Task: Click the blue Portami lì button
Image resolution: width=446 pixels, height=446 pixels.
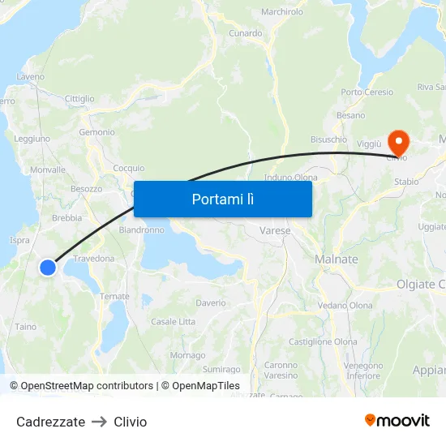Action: click(x=222, y=199)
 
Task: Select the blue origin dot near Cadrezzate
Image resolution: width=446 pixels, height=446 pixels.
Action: click(x=48, y=267)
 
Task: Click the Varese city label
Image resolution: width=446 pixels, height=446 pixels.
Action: click(x=275, y=231)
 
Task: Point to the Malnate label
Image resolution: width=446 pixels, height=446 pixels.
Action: click(x=336, y=259)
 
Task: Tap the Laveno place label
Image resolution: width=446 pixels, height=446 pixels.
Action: click(x=30, y=77)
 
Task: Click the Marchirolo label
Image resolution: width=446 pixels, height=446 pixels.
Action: click(x=282, y=12)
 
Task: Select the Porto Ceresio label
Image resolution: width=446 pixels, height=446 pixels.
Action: click(x=367, y=92)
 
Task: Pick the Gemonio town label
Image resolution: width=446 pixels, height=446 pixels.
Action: click(x=96, y=132)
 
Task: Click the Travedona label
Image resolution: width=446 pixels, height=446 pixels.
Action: click(x=94, y=259)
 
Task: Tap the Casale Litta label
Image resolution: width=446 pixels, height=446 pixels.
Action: click(x=173, y=322)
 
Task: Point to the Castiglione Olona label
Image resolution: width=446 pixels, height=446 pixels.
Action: click(x=323, y=342)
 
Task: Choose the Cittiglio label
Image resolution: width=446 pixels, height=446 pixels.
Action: click(x=79, y=99)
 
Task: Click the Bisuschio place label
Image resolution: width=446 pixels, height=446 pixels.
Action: click(x=328, y=139)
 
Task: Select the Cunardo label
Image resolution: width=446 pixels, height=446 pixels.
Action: click(x=245, y=33)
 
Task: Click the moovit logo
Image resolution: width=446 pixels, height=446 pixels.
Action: click(x=397, y=420)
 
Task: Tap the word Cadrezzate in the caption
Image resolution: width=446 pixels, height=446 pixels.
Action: click(x=50, y=422)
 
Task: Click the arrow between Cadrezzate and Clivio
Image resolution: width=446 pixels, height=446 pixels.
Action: click(x=99, y=422)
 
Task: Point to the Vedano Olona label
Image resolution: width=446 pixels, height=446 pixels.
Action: click(x=345, y=306)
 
